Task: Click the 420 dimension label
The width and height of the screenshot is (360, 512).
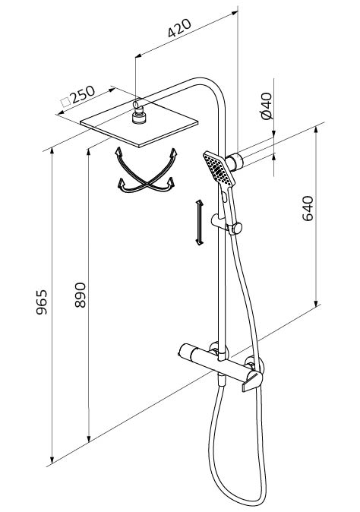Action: tap(179, 28)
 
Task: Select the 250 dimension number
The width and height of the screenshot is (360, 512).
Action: tap(83, 95)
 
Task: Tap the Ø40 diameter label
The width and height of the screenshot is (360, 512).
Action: tap(267, 106)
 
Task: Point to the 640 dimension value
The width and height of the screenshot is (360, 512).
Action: tap(308, 208)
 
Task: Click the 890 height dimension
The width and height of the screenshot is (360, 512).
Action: tap(80, 295)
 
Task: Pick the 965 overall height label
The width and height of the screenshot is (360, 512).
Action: tap(42, 302)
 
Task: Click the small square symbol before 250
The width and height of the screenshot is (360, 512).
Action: tap(66, 103)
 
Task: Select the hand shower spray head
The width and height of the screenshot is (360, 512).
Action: tap(219, 169)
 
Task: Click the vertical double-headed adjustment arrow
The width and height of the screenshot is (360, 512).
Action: tap(199, 223)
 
